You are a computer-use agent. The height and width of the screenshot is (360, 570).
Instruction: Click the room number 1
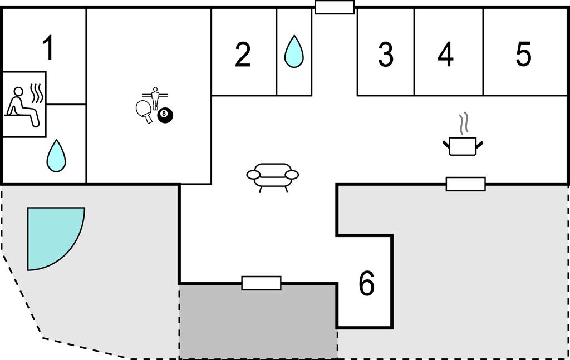[x=48, y=48]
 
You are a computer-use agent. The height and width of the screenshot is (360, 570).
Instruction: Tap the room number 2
[x=243, y=55]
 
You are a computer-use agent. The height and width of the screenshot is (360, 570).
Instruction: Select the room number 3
[x=386, y=55]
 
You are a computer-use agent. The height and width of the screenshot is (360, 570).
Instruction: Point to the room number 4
[x=445, y=55]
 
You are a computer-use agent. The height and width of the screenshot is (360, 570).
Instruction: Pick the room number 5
[x=523, y=55]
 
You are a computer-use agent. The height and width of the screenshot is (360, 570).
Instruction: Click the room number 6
[x=366, y=283]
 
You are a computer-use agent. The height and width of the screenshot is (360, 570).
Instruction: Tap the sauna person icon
[x=22, y=107]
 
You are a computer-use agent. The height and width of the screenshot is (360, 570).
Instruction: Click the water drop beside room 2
[x=294, y=52]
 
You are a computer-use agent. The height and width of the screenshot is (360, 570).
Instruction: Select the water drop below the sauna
[x=56, y=156]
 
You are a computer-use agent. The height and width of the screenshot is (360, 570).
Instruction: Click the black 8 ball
[x=165, y=115]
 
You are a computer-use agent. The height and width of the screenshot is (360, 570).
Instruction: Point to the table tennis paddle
[x=144, y=111]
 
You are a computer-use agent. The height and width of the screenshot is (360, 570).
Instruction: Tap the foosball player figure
[x=155, y=98]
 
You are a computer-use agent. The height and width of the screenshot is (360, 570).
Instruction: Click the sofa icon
[x=273, y=177]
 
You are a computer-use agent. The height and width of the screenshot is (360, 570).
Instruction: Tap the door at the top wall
[x=335, y=7]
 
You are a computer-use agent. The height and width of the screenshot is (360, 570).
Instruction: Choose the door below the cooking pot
[x=466, y=184]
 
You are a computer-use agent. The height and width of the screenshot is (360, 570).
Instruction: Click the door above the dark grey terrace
[x=262, y=283]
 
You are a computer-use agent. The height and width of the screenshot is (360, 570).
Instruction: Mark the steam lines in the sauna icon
[x=37, y=93]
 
